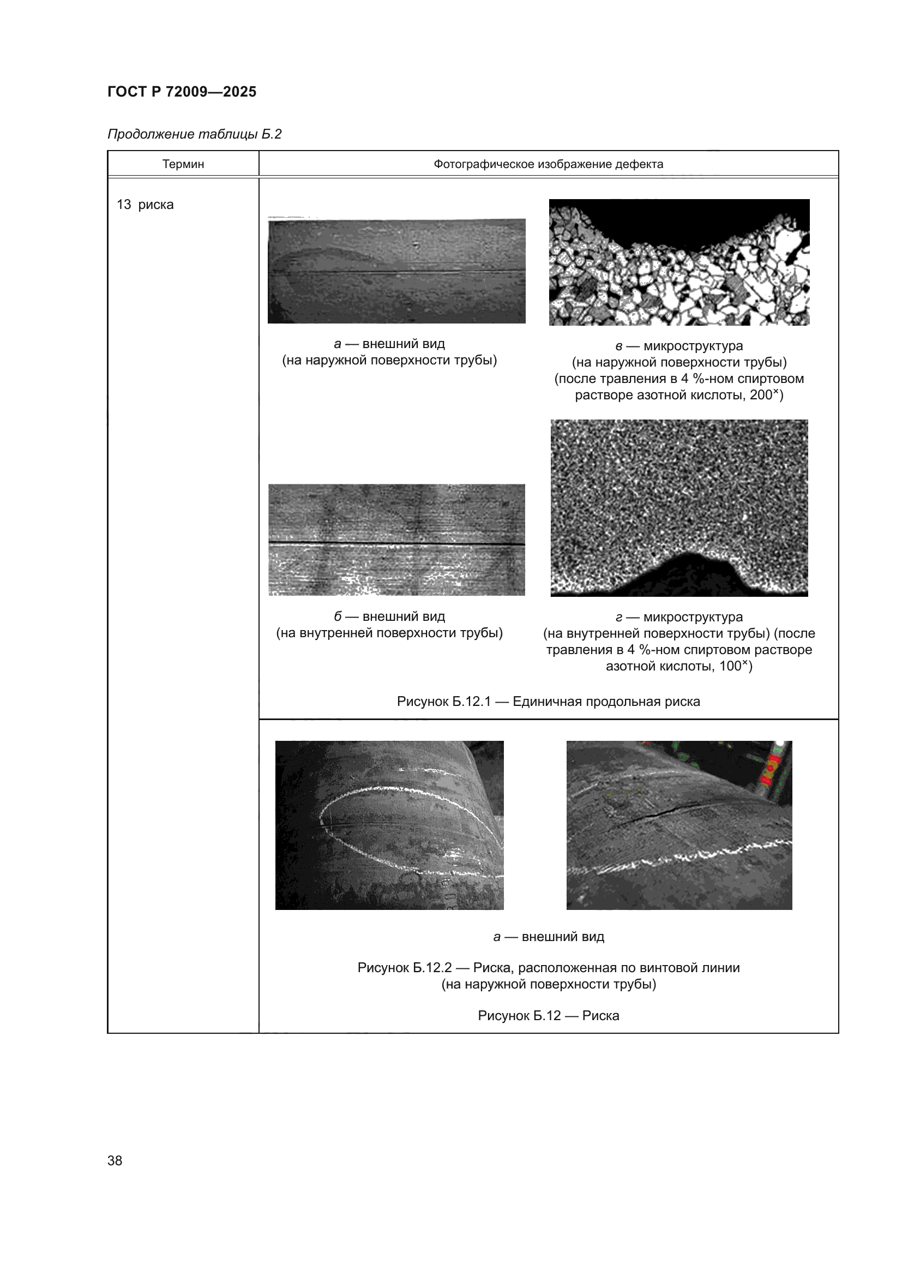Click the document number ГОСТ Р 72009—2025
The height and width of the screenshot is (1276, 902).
(182, 92)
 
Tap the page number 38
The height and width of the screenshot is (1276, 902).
(115, 1160)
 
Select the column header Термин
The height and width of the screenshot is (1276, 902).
(183, 164)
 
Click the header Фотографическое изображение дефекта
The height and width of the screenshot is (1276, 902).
(548, 164)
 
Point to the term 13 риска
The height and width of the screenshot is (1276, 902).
(145, 205)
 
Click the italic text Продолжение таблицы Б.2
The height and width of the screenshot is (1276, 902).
(194, 134)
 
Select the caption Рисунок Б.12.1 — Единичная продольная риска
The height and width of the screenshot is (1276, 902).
(548, 702)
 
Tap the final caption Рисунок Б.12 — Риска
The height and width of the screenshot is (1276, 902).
(548, 1015)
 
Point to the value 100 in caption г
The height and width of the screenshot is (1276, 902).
(730, 666)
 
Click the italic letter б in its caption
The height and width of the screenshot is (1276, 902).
(338, 617)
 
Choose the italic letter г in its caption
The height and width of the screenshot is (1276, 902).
(619, 618)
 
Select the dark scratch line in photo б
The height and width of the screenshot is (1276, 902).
(396, 542)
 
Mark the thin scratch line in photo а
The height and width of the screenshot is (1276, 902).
(396, 271)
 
